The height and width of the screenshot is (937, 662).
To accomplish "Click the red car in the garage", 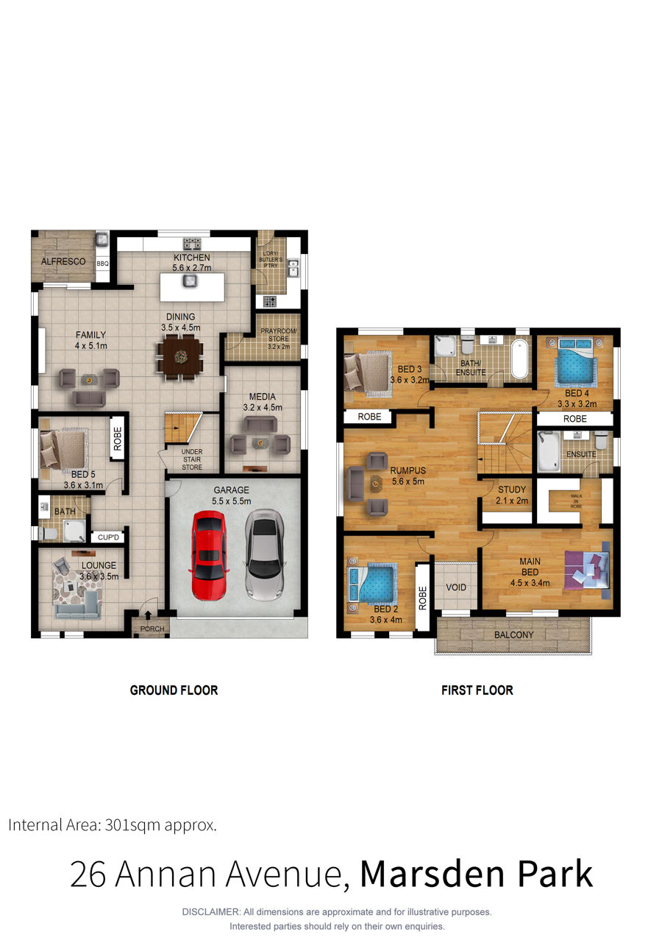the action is (x=209, y=556).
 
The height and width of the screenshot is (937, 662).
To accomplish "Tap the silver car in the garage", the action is (x=264, y=555).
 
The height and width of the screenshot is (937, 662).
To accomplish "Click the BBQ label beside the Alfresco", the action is (x=102, y=264).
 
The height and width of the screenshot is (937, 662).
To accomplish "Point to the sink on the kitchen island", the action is (x=191, y=280).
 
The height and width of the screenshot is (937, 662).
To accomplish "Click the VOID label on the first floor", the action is (x=456, y=587).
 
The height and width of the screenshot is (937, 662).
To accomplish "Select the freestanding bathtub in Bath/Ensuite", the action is (x=519, y=359).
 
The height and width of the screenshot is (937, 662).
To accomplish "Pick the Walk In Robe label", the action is (x=576, y=501).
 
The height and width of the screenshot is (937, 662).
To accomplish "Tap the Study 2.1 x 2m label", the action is (x=512, y=495).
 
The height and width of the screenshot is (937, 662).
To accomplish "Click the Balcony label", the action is (x=514, y=635).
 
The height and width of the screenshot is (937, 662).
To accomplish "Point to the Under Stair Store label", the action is (x=192, y=459).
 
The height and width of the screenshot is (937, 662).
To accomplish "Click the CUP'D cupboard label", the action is (x=108, y=537).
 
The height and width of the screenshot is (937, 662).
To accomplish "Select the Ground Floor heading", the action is (x=174, y=690).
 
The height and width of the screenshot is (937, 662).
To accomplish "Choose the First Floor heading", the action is (x=477, y=690).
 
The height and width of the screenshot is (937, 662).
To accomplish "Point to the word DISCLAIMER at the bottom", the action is (x=210, y=912).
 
